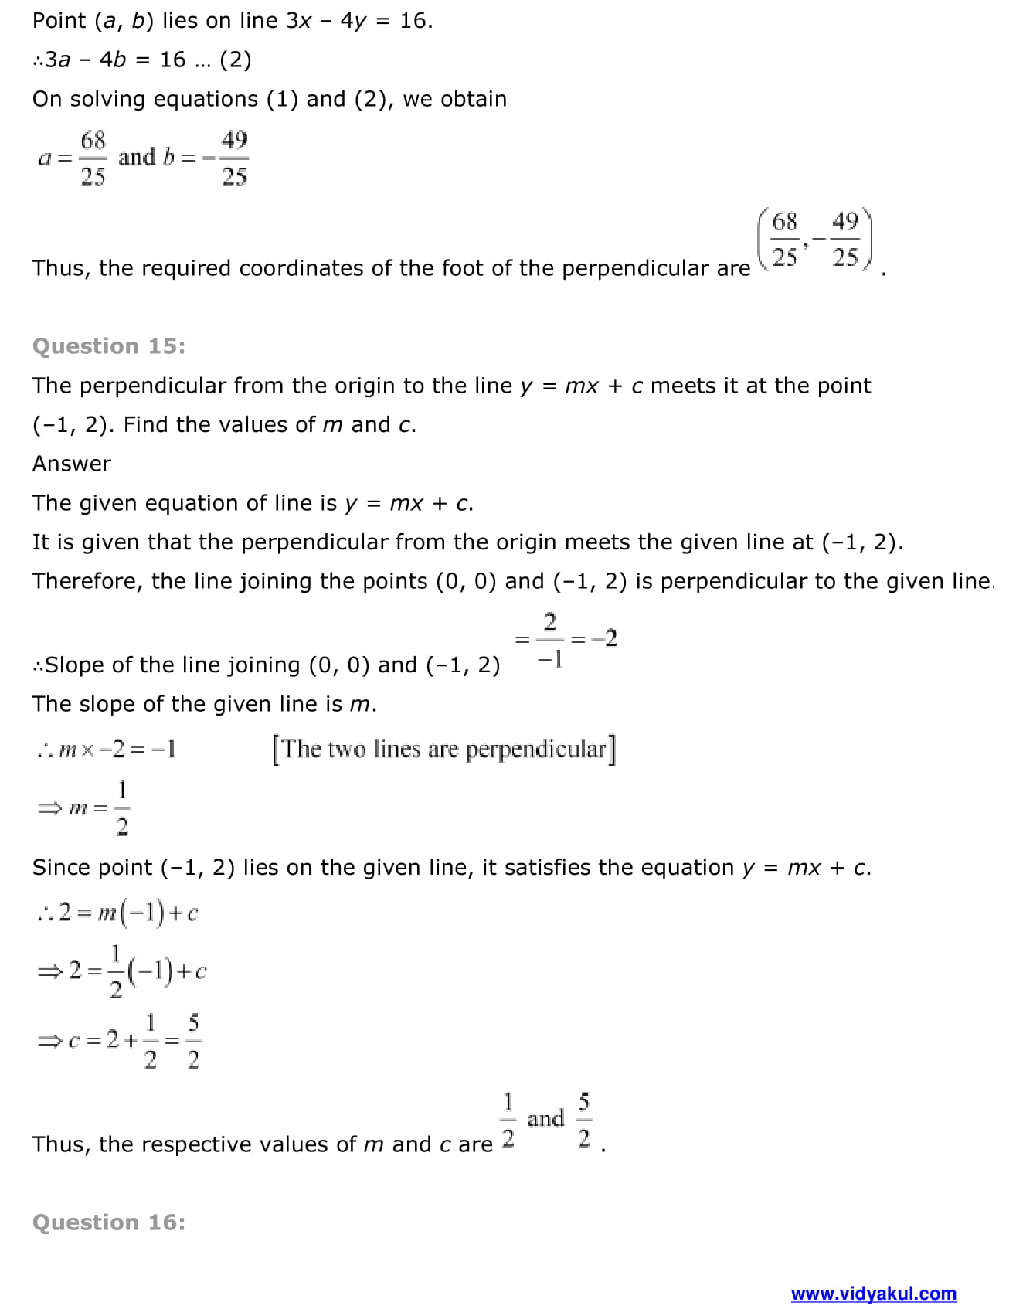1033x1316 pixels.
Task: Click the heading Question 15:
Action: pyautogui.click(x=109, y=346)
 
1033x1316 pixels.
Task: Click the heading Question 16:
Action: pyautogui.click(x=109, y=1222)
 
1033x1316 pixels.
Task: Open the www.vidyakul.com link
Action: pyautogui.click(x=873, y=1293)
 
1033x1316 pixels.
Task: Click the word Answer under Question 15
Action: pyautogui.click(x=72, y=464)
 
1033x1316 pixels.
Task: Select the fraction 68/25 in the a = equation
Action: pyautogui.click(x=93, y=158)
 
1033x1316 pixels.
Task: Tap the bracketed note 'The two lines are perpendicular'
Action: pyautogui.click(x=443, y=749)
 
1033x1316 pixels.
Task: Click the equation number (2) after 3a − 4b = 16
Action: pyautogui.click(x=235, y=60)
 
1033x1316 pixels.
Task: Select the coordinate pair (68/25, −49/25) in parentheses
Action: pyautogui.click(x=814, y=240)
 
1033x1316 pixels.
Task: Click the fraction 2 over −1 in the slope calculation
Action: pyautogui.click(x=550, y=639)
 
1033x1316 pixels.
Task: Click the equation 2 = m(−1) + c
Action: pyautogui.click(x=127, y=913)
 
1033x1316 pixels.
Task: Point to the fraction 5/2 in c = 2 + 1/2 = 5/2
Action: pyautogui.click(x=193, y=1041)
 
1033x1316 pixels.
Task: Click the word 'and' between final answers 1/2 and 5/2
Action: pyautogui.click(x=545, y=1118)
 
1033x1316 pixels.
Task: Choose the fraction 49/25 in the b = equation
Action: pyautogui.click(x=234, y=158)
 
